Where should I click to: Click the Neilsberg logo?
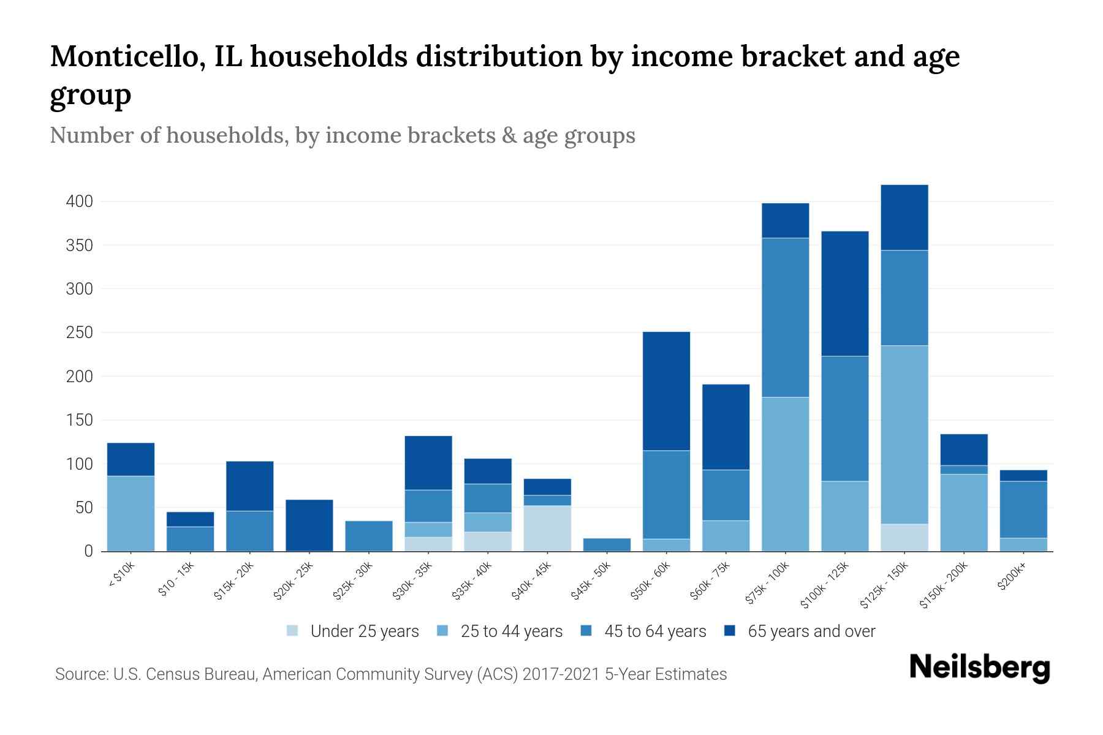979,668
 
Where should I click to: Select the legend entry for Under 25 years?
364,631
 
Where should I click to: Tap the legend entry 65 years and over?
811,631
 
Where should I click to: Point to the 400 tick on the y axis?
80,202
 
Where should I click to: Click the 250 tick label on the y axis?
80,333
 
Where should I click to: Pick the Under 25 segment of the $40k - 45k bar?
547,528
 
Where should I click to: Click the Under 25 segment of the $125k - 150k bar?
904,537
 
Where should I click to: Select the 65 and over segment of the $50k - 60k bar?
666,391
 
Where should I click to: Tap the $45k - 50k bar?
607,545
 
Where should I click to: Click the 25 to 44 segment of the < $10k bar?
131,513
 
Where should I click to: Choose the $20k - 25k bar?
309,525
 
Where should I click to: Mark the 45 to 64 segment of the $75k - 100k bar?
785,317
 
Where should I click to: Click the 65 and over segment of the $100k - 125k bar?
845,293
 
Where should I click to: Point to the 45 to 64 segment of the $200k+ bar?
1023,510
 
